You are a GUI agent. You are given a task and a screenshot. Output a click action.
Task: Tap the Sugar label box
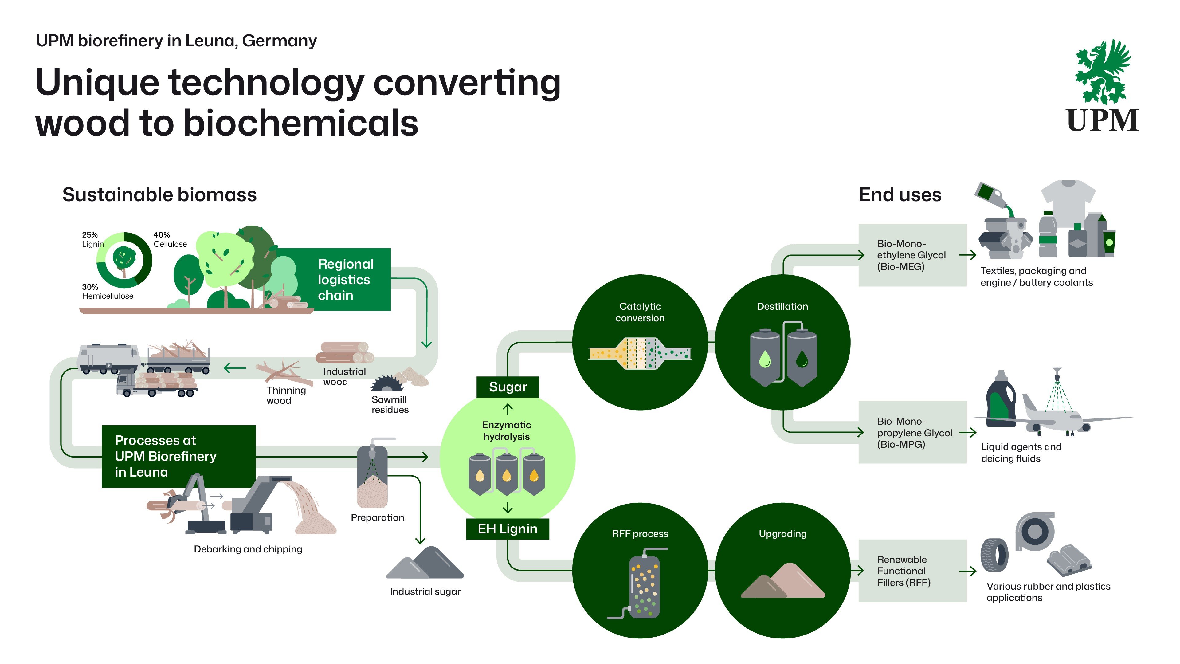(x=508, y=387)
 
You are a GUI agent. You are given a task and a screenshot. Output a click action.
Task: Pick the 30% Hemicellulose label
(x=107, y=292)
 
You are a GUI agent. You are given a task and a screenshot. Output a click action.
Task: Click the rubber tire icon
(x=994, y=555)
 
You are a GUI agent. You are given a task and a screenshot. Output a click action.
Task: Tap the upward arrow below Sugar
(x=508, y=409)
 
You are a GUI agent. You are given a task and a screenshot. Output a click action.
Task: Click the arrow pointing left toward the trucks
(x=234, y=368)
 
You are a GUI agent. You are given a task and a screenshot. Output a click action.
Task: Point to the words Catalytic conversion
(x=640, y=312)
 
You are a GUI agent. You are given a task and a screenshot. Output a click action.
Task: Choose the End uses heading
(x=900, y=195)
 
